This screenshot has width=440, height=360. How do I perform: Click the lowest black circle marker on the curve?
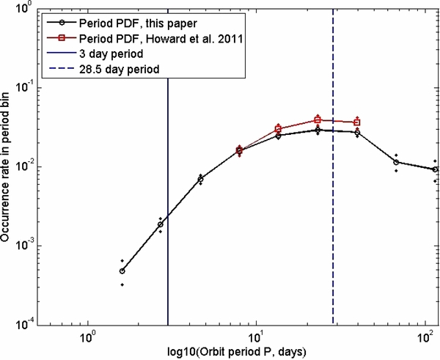(122, 271)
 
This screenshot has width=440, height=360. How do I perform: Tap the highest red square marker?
(318, 119)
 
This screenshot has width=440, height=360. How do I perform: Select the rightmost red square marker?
(357, 122)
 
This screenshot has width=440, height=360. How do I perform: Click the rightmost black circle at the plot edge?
(436, 169)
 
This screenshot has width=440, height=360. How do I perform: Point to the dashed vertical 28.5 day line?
(333, 220)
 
